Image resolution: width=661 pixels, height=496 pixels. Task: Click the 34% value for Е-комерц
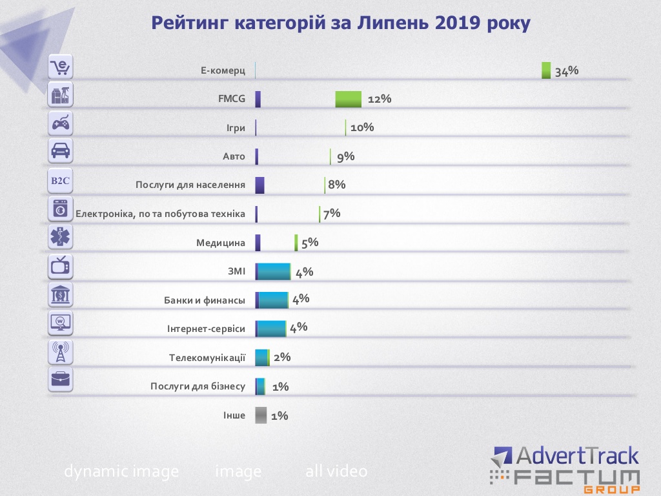tap(566, 71)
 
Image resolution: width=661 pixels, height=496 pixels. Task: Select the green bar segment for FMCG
tap(348, 99)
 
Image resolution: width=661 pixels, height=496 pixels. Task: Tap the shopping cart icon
tap(61, 67)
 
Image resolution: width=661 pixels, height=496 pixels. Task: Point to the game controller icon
tap(61, 123)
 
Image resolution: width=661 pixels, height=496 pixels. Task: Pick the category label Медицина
tap(221, 243)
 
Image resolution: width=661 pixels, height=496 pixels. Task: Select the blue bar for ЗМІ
tap(274, 272)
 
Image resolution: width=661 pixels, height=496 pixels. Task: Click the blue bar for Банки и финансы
tap(273, 300)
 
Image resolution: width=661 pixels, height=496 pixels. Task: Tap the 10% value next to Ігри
tap(362, 127)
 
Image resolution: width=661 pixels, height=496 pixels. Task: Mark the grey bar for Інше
tap(261, 415)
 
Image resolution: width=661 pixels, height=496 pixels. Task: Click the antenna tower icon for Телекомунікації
tap(61, 352)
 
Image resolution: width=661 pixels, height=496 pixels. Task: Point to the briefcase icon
tap(61, 380)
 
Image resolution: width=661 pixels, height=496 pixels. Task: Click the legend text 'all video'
tap(336, 471)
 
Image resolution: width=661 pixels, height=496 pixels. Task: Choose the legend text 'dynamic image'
tap(121, 471)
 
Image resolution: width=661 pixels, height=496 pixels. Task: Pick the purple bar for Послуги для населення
tap(259, 185)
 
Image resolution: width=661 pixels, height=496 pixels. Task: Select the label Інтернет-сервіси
tap(206, 329)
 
